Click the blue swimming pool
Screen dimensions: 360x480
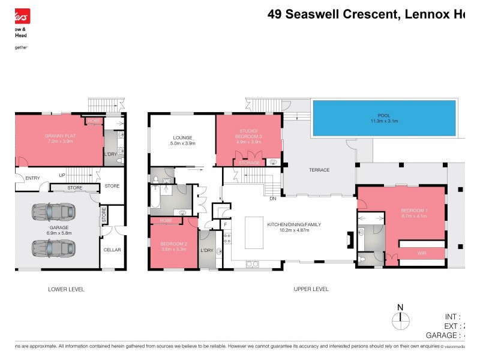pyautogui.click(x=383, y=118)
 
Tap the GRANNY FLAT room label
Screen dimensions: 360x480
pyautogui.click(x=59, y=139)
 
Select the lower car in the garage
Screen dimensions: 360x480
pyautogui.click(x=54, y=247)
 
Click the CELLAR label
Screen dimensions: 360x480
pyautogui.click(x=112, y=250)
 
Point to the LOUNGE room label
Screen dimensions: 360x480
pyautogui.click(x=183, y=140)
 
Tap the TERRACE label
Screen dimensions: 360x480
pyautogui.click(x=319, y=170)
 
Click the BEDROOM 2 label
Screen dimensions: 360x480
pyautogui.click(x=174, y=244)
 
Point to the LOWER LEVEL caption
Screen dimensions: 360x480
pyautogui.click(x=66, y=289)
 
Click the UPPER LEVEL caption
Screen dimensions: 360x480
pyautogui.click(x=311, y=289)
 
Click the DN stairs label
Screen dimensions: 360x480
pyautogui.click(x=272, y=199)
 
